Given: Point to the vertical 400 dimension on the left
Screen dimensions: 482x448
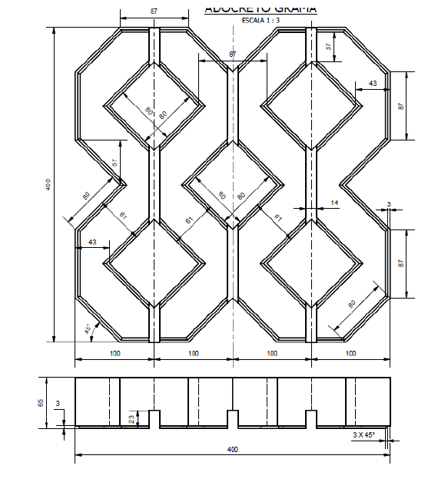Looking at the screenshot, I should point(47,186).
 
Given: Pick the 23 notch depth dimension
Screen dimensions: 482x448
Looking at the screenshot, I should point(131,418).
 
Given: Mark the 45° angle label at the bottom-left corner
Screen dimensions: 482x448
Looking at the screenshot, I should point(88,330).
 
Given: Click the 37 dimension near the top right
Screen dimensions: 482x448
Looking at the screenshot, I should point(329,47).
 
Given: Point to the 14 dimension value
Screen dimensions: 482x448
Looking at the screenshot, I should point(334,202).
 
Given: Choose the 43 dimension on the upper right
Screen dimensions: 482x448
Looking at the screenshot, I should point(373,83).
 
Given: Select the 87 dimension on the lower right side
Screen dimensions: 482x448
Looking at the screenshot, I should point(400,263).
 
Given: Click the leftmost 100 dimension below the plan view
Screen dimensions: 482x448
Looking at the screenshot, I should point(114,353).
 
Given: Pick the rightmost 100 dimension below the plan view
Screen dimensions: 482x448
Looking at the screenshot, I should point(350,353).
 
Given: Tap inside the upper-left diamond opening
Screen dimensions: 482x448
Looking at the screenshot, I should point(154,105).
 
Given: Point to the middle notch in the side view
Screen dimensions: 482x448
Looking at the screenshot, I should point(233,418).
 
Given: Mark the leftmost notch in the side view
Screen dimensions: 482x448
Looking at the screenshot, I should point(154,418).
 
